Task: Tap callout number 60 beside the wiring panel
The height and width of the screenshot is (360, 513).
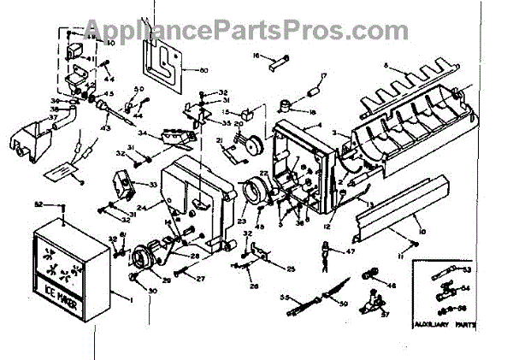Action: [203, 68]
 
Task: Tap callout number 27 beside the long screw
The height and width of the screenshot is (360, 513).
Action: [202, 279]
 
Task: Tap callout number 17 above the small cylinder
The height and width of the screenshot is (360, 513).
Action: [324, 76]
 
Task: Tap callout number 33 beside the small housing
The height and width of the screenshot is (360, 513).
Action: [152, 184]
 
